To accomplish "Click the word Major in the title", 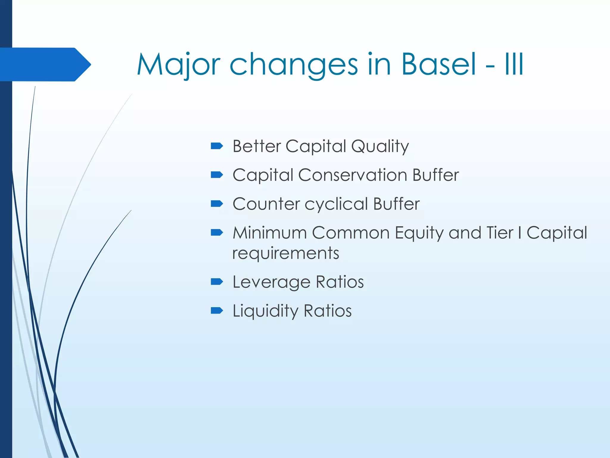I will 178,64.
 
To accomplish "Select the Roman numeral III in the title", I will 514,64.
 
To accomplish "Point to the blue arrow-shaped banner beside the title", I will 45,64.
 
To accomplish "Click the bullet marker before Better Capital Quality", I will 217,146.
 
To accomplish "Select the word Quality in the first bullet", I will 380,146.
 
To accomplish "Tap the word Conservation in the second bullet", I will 352,175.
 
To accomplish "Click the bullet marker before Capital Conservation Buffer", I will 217,174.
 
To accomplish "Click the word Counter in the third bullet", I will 266,204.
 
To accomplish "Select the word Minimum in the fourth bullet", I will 270,233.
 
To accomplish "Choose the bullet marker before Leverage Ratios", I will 217,281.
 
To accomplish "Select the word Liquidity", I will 265,311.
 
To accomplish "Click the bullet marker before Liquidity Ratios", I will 217,310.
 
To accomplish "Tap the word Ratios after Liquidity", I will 327,311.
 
